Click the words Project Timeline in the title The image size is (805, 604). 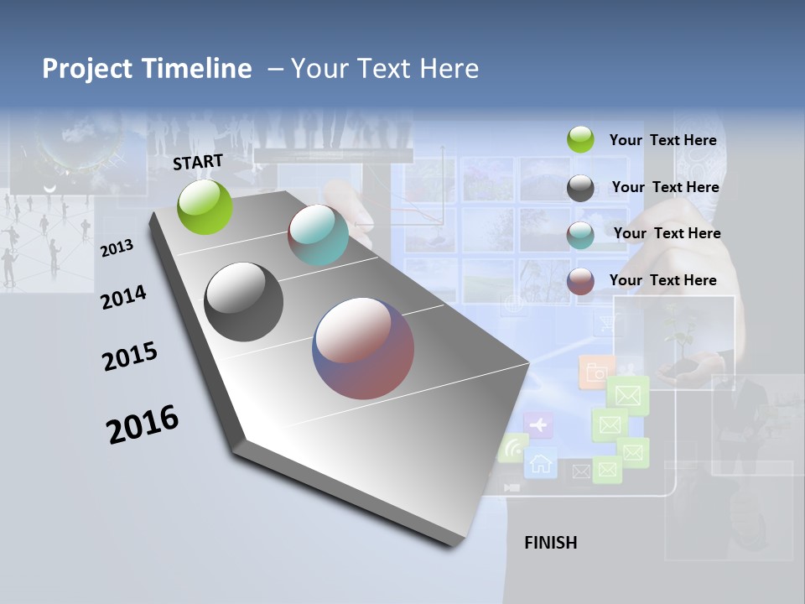click(147, 69)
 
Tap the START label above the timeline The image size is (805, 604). click(198, 162)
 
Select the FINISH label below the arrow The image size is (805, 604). click(550, 543)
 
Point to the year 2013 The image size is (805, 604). click(117, 248)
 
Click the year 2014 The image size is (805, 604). click(123, 297)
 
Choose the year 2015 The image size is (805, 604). click(129, 356)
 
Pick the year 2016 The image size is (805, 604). click(143, 424)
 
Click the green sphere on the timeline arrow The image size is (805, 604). click(205, 206)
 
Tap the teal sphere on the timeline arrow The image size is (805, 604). click(318, 235)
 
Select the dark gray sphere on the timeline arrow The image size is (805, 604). click(243, 302)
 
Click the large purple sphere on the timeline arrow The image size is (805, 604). click(363, 348)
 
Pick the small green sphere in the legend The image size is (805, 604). click(580, 140)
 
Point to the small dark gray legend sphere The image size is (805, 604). click(580, 188)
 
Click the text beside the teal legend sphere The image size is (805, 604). click(667, 233)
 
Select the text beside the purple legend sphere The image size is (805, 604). click(662, 280)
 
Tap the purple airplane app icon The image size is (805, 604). click(538, 425)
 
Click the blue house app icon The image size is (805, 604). click(541, 462)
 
